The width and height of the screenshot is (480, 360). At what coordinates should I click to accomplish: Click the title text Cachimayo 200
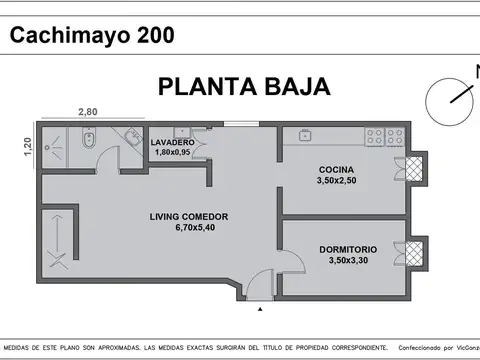(x=92, y=35)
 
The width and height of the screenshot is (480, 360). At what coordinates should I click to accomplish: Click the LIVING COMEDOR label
(x=189, y=216)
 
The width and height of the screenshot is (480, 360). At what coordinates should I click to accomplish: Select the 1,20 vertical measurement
(x=29, y=148)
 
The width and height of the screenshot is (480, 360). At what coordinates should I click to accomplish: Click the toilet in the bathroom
(x=88, y=148)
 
